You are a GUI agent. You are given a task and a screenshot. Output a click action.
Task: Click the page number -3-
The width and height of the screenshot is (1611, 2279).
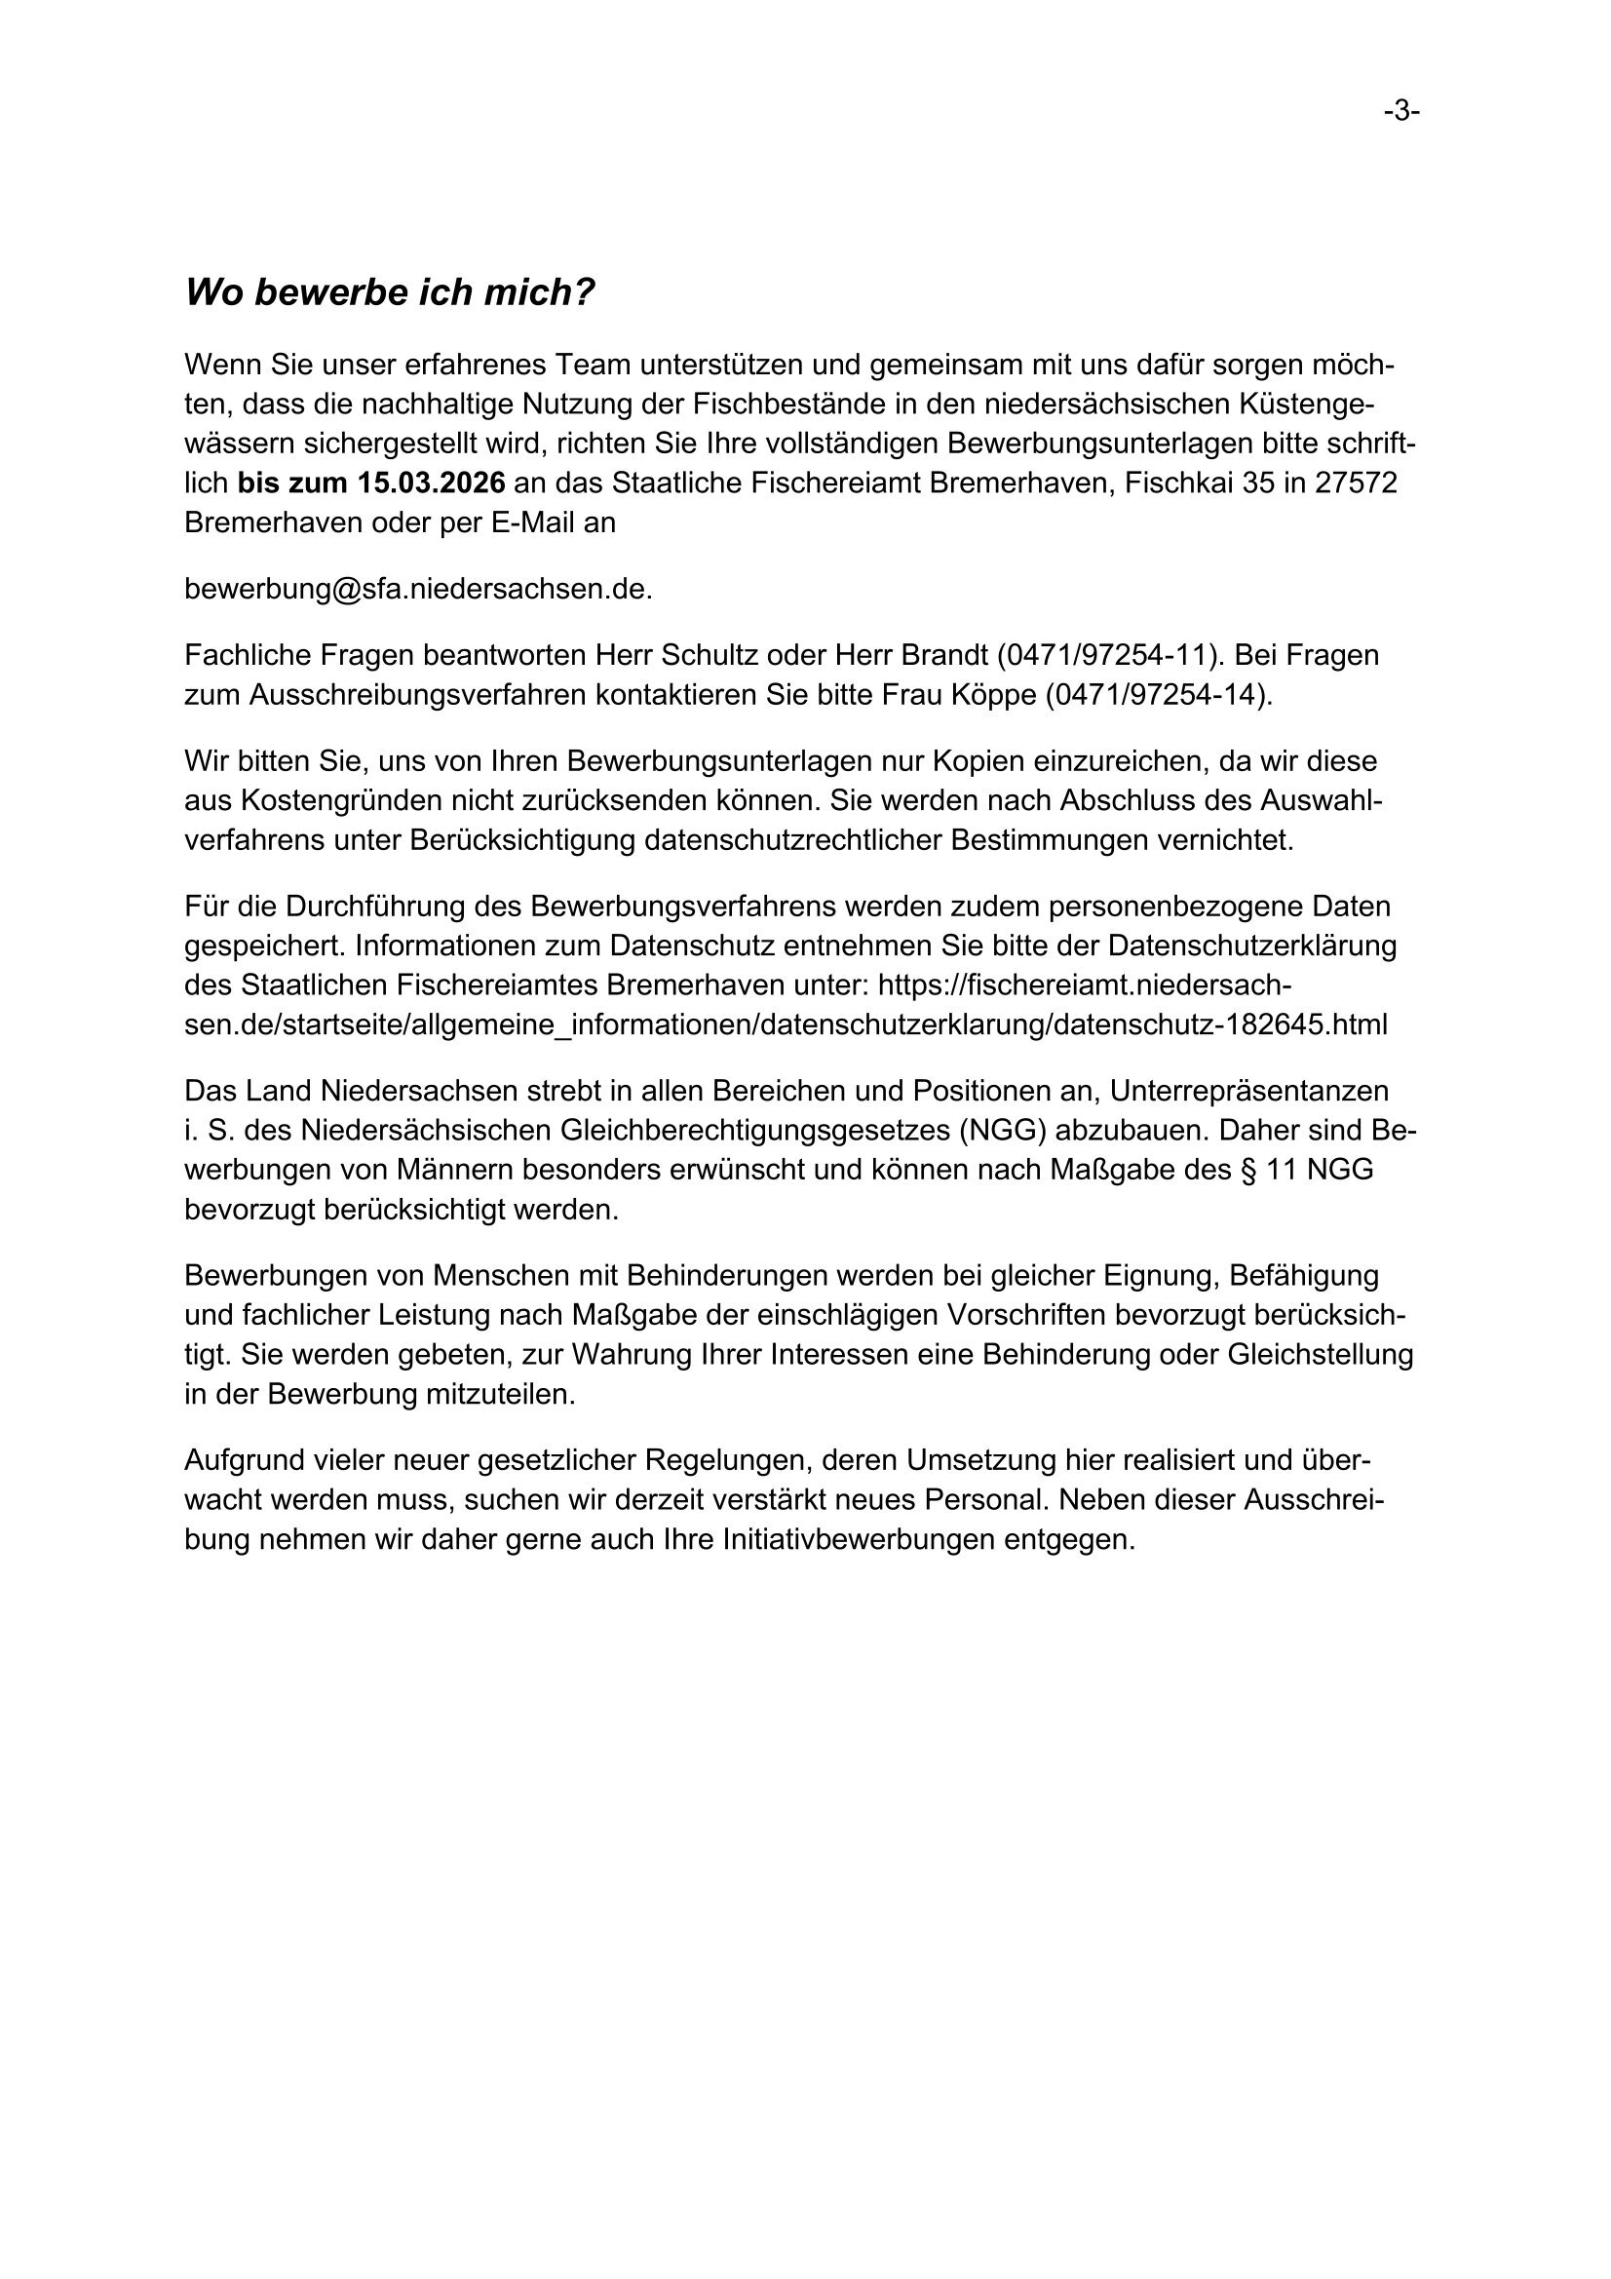pos(1401,112)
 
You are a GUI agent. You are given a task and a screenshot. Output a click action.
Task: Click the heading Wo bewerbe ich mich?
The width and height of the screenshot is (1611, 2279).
pos(389,292)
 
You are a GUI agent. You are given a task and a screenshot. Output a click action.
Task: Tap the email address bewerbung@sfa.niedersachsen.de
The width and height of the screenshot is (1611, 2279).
pos(418,589)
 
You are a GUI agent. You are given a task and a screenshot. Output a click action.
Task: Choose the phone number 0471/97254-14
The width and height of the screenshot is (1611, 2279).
pos(1158,695)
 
